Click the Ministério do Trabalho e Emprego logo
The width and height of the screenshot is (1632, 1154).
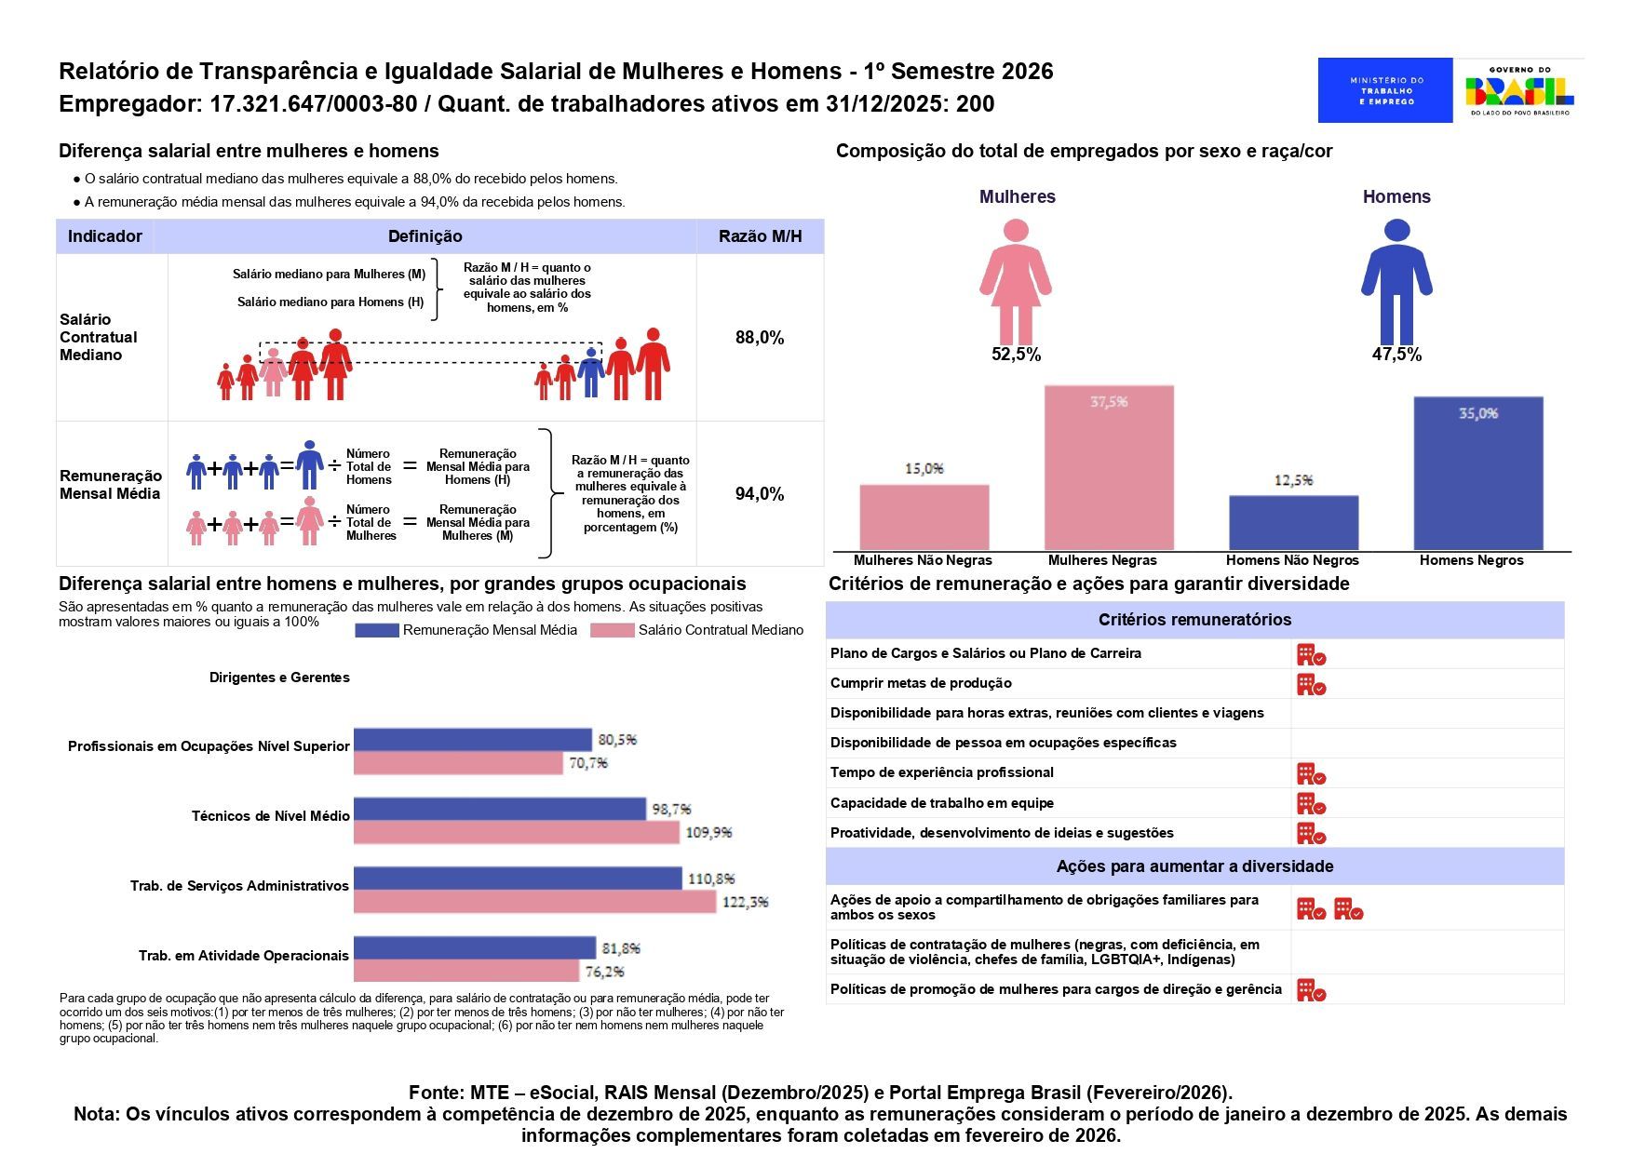1384,90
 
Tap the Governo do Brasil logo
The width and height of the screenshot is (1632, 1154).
1519,90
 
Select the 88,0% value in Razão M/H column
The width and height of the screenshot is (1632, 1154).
760,338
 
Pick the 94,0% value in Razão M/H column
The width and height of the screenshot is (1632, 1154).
760,494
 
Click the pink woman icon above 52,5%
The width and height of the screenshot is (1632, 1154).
1016,282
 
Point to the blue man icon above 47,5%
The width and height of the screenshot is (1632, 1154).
1396,282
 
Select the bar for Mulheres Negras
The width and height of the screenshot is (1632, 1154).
1109,467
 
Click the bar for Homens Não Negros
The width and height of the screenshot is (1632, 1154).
1293,522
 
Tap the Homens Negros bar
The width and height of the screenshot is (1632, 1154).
1477,473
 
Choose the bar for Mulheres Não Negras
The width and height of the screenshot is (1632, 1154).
924,517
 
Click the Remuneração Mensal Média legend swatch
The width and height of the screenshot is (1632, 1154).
377,631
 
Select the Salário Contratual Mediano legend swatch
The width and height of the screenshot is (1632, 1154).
613,631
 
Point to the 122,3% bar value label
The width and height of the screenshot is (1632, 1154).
745,902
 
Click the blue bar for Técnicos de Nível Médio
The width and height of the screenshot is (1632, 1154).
499,809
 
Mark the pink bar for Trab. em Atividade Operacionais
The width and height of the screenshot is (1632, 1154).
465,971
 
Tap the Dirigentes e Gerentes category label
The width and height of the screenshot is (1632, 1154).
279,678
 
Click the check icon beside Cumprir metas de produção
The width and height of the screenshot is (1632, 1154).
1311,685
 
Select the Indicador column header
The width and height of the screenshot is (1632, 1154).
105,236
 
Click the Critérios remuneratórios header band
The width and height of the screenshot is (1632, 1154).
1194,620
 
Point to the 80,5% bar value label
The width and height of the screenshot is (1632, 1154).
617,740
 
